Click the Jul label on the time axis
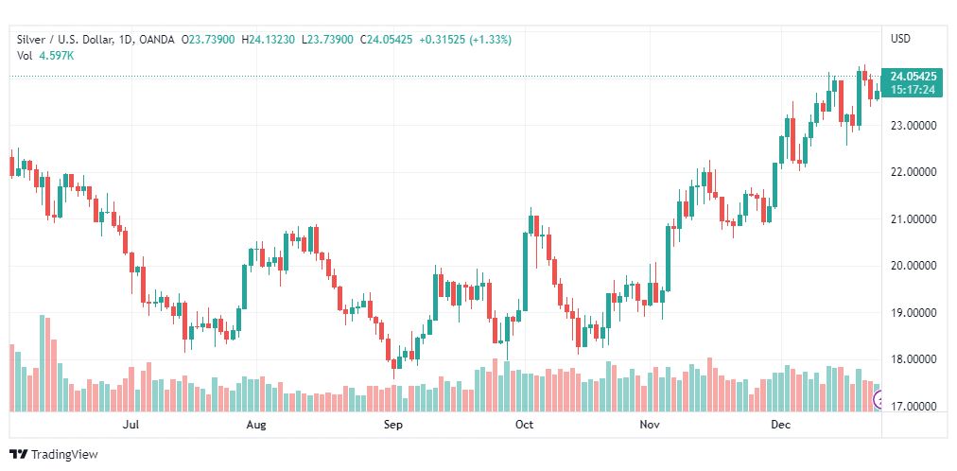click(131, 425)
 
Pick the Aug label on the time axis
click(256, 425)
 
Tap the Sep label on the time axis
click(393, 425)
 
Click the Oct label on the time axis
click(524, 425)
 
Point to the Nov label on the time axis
click(649, 425)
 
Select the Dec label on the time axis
click(780, 425)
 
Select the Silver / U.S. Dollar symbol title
click(61, 39)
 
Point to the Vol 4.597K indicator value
click(45, 55)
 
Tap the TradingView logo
click(54, 455)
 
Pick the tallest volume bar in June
click(43, 363)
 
